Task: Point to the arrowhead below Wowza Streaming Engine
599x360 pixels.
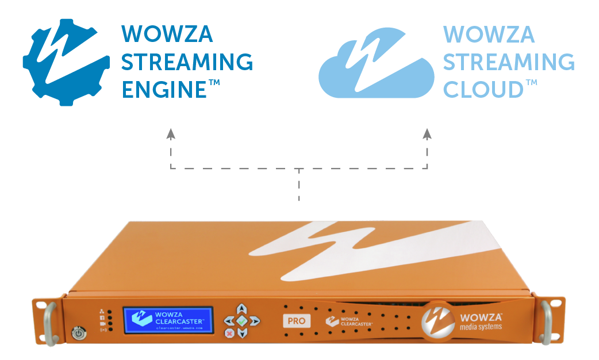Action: pos(171,133)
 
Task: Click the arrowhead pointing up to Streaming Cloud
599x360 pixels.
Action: pos(427,133)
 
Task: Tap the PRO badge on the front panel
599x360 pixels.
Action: pos(297,320)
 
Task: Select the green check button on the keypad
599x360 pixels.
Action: pos(242,320)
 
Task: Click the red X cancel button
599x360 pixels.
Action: pos(229,332)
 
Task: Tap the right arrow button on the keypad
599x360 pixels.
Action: pos(255,320)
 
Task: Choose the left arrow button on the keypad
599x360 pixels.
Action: pos(229,320)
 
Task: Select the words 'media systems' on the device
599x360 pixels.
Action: pos(481,327)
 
